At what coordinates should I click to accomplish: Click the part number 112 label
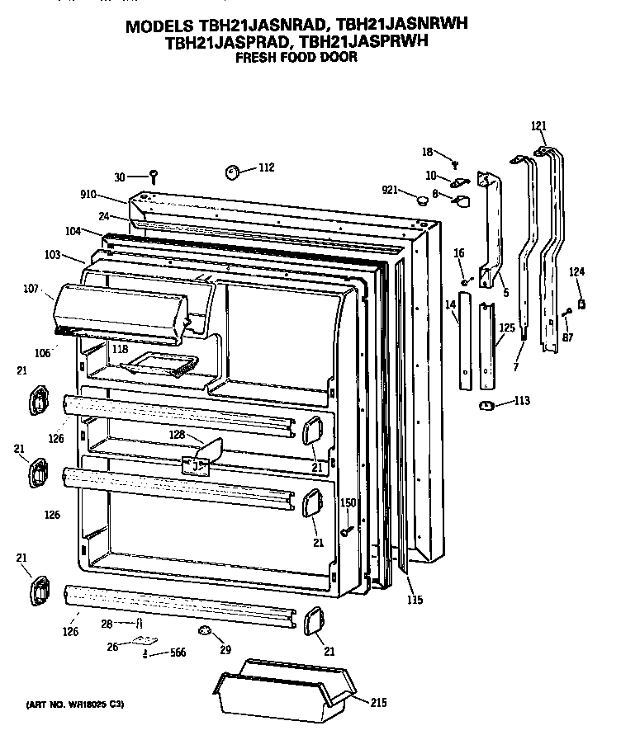(x=266, y=168)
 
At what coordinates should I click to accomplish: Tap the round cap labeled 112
(x=232, y=172)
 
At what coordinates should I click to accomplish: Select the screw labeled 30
(x=154, y=175)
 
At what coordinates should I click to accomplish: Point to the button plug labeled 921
(x=423, y=198)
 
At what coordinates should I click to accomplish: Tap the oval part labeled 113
(x=486, y=404)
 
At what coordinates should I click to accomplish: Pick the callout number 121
(x=538, y=126)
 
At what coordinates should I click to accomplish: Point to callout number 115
(x=415, y=600)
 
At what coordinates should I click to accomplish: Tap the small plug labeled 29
(x=203, y=631)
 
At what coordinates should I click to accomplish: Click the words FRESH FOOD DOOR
(x=296, y=58)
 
